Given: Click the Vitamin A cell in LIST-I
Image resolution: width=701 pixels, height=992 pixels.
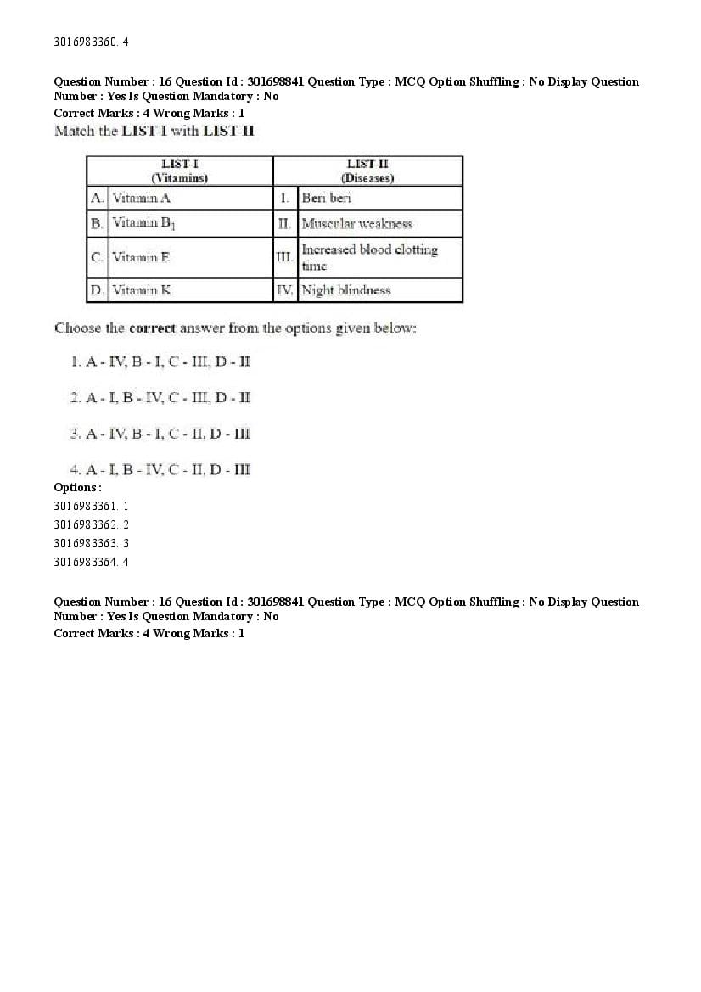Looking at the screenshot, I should coord(142,198).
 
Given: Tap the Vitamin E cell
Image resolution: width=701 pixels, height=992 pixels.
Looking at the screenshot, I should coord(141,257).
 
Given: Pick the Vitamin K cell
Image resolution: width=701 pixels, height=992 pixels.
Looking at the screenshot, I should coord(142,290).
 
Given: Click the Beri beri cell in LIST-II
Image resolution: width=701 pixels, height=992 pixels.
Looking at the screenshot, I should coord(327,198).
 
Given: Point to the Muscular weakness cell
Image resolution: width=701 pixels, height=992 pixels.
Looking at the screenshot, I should coord(356,224).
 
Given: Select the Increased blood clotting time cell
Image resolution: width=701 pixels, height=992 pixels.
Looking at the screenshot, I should coord(369,257).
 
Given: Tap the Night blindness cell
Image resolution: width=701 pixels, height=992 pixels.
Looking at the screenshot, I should coord(346,290).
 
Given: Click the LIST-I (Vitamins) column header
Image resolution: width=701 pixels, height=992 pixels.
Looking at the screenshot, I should coord(180,171).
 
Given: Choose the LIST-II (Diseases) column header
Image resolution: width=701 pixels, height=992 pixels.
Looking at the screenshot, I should coord(367,171).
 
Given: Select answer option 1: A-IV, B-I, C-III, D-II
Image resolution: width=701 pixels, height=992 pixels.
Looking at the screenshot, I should coord(160,361).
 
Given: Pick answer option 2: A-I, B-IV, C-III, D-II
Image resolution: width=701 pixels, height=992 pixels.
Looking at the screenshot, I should coord(160,397).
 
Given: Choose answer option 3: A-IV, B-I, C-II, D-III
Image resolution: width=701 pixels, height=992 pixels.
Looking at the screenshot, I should coord(160,434).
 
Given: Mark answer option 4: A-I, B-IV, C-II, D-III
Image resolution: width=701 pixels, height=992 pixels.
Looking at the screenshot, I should coord(160,469).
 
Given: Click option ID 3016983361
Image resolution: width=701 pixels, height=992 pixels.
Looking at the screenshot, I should coord(91,505).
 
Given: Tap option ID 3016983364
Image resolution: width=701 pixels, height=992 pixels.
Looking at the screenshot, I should coord(91,562).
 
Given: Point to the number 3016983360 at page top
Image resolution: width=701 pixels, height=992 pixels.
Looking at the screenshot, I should coord(86,42).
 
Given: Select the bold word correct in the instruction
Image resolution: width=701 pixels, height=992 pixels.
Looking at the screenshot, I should coord(151,328).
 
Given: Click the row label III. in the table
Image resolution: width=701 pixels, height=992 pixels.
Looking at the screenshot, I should coord(284,257).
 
